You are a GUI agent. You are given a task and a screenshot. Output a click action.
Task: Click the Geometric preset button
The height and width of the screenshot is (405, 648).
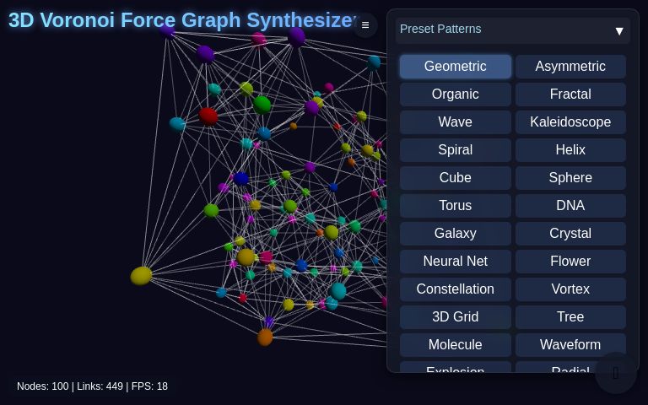pyautogui.click(x=456, y=67)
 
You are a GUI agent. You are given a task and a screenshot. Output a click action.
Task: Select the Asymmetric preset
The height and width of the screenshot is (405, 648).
pyautogui.click(x=570, y=67)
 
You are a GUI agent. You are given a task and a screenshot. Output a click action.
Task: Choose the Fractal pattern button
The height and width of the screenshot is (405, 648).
pyautogui.click(x=570, y=94)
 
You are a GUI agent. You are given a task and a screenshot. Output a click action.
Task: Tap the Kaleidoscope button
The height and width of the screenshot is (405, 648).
pyautogui.click(x=570, y=122)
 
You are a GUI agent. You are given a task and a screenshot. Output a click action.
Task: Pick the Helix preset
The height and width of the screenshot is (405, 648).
pyautogui.click(x=570, y=150)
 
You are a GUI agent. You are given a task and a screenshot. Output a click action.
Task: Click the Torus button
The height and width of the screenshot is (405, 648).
pyautogui.click(x=456, y=206)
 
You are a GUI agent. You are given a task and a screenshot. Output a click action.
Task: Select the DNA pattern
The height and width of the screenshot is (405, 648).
pyautogui.click(x=570, y=206)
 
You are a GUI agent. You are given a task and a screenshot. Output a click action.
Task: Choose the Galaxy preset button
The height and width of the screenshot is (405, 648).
pyautogui.click(x=456, y=234)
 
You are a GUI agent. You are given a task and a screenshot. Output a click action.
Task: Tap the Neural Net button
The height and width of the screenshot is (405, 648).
pyautogui.click(x=456, y=262)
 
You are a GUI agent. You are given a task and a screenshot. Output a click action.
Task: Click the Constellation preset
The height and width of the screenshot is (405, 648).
pyautogui.click(x=456, y=289)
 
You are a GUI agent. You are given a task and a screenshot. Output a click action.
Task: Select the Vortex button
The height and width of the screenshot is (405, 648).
pyautogui.click(x=570, y=289)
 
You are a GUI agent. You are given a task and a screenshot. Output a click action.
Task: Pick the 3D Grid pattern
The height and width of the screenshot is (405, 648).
pyautogui.click(x=456, y=317)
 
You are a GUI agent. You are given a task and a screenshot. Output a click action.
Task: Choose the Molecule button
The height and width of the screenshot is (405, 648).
pyautogui.click(x=456, y=345)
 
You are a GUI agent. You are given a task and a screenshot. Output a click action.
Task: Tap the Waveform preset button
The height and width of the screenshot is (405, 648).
pyautogui.click(x=570, y=345)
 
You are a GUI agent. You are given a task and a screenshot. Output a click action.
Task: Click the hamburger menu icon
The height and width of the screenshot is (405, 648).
pyautogui.click(x=365, y=25)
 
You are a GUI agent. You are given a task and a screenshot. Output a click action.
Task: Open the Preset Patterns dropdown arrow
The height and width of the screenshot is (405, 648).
pyautogui.click(x=619, y=31)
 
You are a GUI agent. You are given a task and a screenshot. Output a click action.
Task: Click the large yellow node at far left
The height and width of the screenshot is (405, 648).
pyautogui.click(x=141, y=276)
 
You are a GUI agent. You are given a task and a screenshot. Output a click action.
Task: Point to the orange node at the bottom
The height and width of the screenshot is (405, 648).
pyautogui.click(x=265, y=337)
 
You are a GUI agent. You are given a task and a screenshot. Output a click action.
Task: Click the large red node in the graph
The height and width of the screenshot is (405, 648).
pyautogui.click(x=208, y=116)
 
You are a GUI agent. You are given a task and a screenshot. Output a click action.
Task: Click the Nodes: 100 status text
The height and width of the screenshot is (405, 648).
pyautogui.click(x=43, y=386)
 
